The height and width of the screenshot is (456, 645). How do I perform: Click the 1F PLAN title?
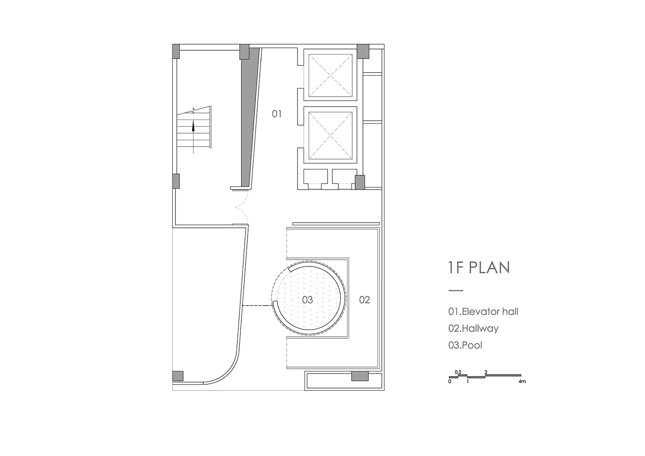[x=479, y=267]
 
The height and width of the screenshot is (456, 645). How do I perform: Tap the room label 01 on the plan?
[x=277, y=114]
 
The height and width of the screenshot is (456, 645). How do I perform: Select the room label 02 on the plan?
[x=364, y=300]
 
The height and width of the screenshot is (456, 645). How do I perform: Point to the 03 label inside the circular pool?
[x=307, y=300]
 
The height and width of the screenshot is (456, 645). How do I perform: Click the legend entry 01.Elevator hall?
[x=483, y=312]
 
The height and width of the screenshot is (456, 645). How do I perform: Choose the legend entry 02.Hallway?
[x=473, y=328]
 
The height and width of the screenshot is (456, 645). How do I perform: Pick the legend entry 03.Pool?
[x=465, y=345]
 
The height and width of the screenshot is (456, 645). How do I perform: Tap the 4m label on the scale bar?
[x=522, y=382]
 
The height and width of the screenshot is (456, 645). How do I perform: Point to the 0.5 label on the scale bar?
[x=458, y=372]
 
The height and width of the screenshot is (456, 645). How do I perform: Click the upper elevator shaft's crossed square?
[x=331, y=75]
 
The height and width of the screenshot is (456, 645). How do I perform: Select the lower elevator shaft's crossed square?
[x=331, y=135]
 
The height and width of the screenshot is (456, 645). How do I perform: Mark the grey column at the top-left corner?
[x=176, y=51]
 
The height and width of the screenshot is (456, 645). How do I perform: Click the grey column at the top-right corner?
[x=363, y=51]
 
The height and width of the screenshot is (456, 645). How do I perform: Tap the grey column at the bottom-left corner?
[x=178, y=376]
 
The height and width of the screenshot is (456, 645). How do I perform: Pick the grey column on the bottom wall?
[x=360, y=376]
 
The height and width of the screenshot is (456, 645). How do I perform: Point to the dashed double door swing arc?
[x=242, y=207]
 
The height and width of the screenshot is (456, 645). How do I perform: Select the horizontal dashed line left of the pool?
[x=258, y=306]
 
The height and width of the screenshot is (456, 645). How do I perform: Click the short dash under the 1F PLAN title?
[x=455, y=291]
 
